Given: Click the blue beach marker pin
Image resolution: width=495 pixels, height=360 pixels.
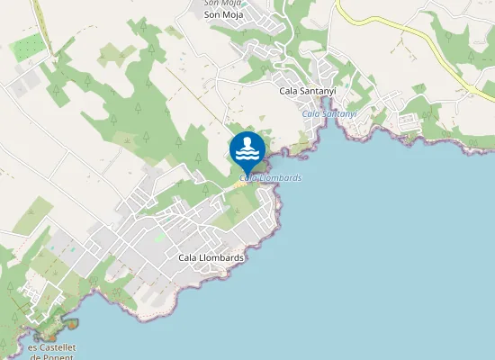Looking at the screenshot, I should pyautogui.click(x=247, y=150).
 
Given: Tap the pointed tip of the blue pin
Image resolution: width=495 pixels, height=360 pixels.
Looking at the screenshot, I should pyautogui.click(x=247, y=176).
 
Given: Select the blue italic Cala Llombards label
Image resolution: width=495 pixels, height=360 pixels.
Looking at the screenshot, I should pyautogui.click(x=271, y=178).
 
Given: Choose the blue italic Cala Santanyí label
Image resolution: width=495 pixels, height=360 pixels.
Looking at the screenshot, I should pyautogui.click(x=329, y=113).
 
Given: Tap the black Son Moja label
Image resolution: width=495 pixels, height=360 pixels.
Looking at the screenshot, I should pyautogui.click(x=224, y=14).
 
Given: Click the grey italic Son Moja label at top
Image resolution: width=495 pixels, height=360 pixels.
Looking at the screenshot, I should pyautogui.click(x=224, y=4).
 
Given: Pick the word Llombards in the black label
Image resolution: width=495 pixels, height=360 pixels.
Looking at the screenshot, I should pyautogui.click(x=223, y=257).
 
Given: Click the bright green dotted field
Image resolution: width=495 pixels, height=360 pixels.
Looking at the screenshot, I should pyautogui.click(x=30, y=46).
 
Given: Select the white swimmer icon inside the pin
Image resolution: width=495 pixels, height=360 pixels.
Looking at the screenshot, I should pyautogui.click(x=247, y=148).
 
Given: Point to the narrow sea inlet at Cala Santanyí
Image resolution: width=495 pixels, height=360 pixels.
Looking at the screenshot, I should pyautogui.click(x=335, y=126).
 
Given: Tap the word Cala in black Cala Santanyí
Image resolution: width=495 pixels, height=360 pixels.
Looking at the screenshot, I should pyautogui.click(x=289, y=91).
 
